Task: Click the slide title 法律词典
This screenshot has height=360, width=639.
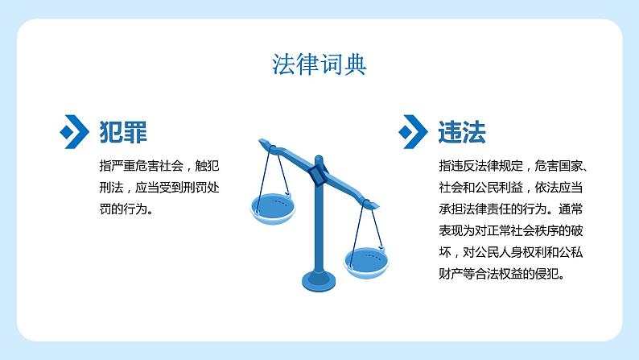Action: (x=319, y=64)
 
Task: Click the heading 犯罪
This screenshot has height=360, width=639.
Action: (x=122, y=130)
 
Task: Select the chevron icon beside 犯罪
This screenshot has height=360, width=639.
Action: (x=75, y=130)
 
